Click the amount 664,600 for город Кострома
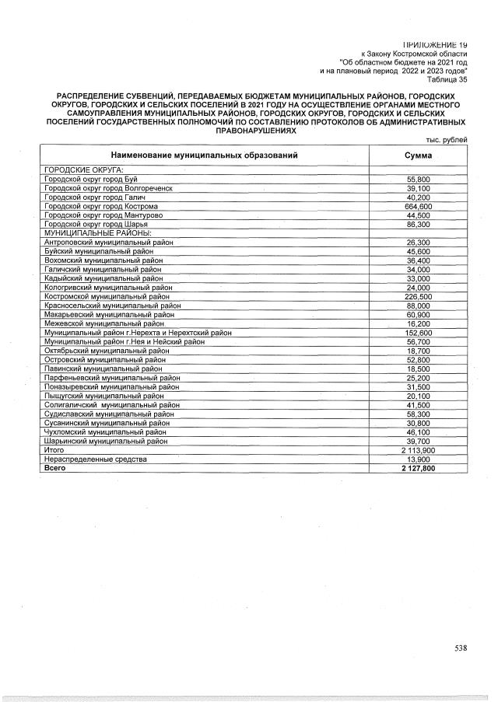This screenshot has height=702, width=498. click(419, 207)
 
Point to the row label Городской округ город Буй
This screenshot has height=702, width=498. click(90, 180)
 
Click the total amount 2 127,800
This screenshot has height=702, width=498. click(417, 469)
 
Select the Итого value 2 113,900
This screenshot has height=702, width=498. click(417, 450)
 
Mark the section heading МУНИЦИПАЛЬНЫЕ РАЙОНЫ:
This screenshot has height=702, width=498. click(97, 233)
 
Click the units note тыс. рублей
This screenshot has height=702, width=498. click(447, 140)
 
